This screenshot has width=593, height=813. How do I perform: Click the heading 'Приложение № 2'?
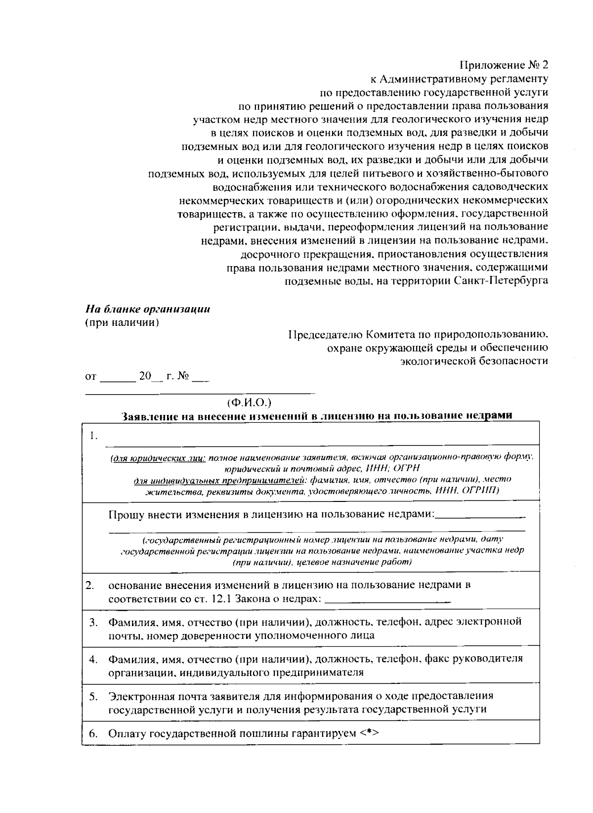(x=504, y=65)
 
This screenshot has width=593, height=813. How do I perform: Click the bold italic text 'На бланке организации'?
(x=148, y=310)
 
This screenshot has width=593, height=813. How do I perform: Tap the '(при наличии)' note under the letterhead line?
(x=122, y=323)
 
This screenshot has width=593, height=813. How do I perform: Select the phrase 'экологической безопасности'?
(x=474, y=361)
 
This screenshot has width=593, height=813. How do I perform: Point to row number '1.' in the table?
(x=93, y=436)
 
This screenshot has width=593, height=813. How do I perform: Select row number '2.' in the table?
(x=90, y=586)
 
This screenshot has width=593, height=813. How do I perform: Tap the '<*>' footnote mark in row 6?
(x=369, y=733)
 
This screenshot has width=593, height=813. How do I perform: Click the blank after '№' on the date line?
(x=201, y=377)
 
